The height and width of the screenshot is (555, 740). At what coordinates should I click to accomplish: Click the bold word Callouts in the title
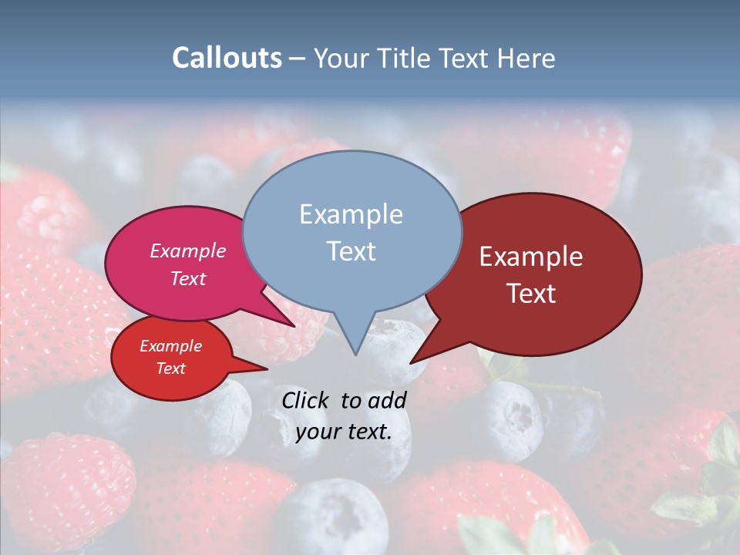227,58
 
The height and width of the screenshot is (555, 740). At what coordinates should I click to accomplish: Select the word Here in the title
526,58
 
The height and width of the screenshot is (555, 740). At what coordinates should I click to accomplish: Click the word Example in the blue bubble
351,214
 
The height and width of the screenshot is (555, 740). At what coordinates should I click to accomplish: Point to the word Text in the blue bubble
351,251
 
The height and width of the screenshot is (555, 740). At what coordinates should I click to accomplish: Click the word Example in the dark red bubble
531,257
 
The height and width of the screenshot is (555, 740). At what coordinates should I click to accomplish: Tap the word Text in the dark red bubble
531,294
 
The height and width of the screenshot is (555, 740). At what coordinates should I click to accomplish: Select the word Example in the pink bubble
188,251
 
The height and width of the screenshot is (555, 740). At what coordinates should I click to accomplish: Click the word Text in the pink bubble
188,278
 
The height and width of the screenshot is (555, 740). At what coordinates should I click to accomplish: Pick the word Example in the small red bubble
170,346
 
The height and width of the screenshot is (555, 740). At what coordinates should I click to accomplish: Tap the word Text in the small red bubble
170,368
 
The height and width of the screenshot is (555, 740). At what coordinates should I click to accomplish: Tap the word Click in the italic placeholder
306,400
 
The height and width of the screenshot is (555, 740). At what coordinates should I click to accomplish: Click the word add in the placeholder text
388,400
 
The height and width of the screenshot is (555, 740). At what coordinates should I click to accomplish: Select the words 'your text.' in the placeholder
344,432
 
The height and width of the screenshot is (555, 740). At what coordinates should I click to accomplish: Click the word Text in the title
466,58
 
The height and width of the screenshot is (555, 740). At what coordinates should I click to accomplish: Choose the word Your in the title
339,58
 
